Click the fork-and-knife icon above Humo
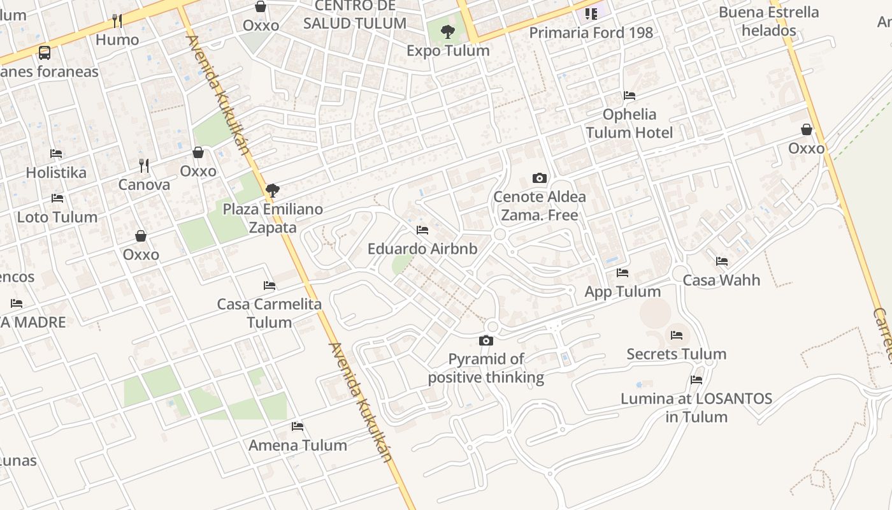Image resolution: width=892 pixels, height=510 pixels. [117, 21]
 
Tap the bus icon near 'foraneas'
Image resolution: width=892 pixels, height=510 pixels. [45, 53]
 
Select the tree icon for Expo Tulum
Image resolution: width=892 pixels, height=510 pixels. [448, 31]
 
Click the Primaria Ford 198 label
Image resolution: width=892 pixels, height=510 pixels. [591, 33]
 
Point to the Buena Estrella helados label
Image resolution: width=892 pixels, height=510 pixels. [768, 21]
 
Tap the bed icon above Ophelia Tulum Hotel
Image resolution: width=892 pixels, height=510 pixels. [629, 96]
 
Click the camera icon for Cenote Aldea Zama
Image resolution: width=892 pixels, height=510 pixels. [540, 178]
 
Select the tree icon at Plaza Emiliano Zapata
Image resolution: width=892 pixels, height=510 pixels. [273, 190]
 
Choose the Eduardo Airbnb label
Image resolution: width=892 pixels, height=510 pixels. [422, 249]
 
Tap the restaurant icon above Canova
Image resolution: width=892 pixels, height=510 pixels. [144, 166]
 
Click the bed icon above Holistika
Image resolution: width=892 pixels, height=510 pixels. [56, 154]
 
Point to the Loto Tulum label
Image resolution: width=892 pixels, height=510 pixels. [57, 217]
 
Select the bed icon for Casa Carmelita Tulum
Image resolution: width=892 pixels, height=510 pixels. [270, 285]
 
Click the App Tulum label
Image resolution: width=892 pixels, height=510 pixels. [622, 291]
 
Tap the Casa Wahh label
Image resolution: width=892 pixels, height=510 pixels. [721, 280]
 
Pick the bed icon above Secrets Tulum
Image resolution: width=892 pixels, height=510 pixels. [677, 335]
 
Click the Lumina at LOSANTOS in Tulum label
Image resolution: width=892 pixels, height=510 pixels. [696, 408]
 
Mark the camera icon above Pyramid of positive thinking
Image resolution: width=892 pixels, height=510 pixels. [486, 341]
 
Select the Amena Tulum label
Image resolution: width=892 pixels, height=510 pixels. [298, 445]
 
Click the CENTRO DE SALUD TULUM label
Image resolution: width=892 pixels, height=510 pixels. [354, 15]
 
